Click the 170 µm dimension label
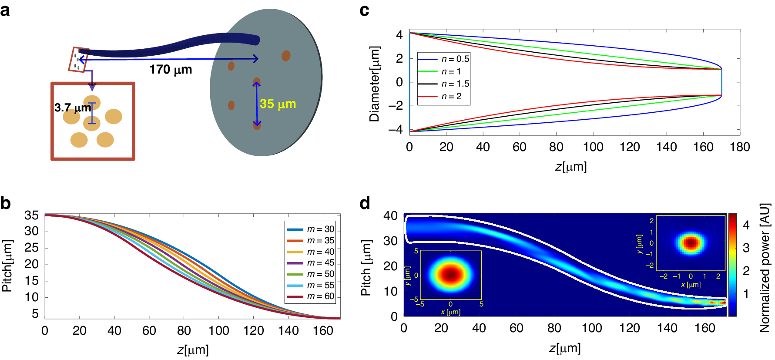click(171, 70)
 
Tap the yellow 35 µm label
click(278, 104)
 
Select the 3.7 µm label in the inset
click(72, 108)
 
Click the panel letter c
click(364, 10)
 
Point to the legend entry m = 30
click(311, 229)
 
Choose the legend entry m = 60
click(311, 296)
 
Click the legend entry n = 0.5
click(444, 59)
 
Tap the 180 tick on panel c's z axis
click(740, 147)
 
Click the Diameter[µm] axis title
click(375, 84)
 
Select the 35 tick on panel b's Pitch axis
click(31, 215)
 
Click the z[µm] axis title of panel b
click(193, 350)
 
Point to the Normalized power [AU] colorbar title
click(765, 267)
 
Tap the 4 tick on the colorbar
click(746, 225)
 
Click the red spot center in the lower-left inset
click(451, 275)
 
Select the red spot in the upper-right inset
click(691, 243)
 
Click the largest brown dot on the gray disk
click(285, 56)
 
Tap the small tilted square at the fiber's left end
click(79, 60)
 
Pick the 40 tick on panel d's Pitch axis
click(390, 216)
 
